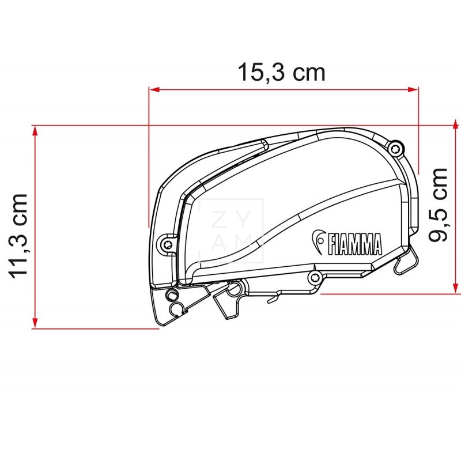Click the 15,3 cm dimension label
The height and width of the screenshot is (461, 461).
[282, 73]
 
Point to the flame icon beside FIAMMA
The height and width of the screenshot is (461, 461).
[319, 241]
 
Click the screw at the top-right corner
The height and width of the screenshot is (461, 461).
[395, 149]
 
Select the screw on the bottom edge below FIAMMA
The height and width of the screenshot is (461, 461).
[316, 278]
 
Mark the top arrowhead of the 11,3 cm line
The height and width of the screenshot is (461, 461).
[36, 130]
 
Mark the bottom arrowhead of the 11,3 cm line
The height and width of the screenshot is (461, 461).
[36, 324]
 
